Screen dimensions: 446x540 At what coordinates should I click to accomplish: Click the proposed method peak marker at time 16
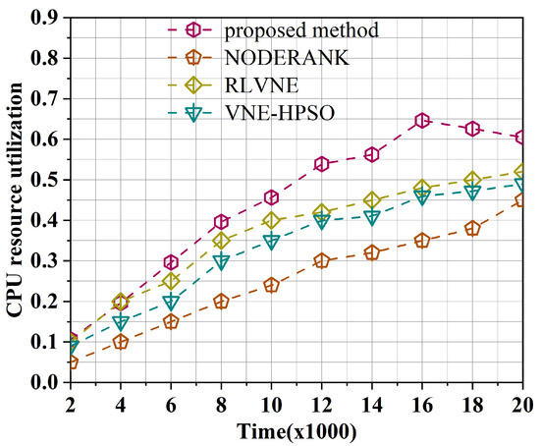tap(422, 121)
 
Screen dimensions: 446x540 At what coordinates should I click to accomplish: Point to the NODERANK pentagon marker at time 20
tap(524, 200)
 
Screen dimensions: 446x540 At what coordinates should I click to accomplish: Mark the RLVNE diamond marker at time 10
tap(272, 220)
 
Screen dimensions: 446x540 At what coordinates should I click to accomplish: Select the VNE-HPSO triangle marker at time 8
tap(221, 262)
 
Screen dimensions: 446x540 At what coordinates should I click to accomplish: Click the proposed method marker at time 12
tap(321, 164)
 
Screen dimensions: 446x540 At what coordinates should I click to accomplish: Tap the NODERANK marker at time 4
tap(120, 342)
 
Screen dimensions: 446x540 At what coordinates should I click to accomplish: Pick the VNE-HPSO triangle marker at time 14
tap(372, 217)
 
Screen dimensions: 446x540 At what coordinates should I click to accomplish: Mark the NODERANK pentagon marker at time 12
tap(321, 261)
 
